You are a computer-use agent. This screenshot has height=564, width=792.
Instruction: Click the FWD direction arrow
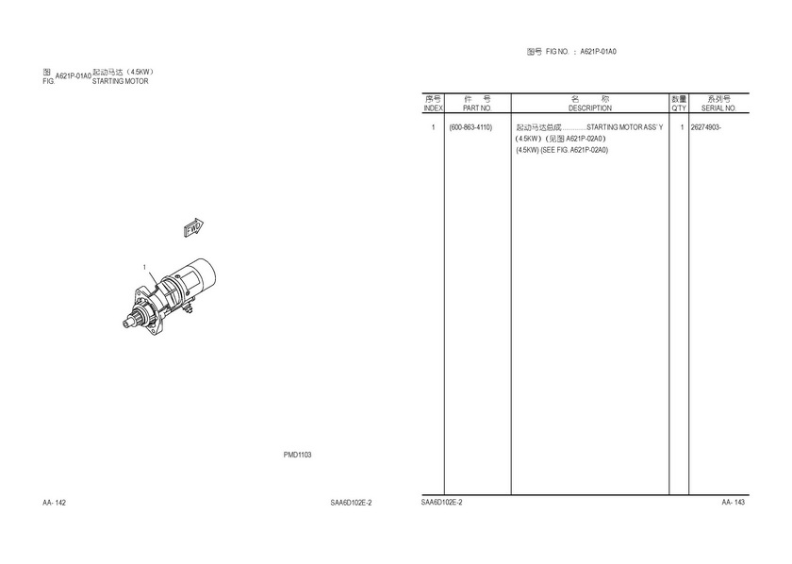193,228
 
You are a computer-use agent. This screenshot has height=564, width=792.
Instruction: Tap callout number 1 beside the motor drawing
144,267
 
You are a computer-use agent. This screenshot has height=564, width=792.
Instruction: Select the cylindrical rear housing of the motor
198,275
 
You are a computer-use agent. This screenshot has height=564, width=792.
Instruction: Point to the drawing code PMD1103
298,455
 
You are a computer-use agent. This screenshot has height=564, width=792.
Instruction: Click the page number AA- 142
54,503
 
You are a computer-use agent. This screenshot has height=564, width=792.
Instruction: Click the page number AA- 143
733,503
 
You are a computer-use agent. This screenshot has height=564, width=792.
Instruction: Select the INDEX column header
433,108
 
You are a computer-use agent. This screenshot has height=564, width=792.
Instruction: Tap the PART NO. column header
477,108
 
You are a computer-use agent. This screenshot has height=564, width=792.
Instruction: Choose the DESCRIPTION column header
590,108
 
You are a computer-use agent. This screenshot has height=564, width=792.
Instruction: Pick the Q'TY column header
679,108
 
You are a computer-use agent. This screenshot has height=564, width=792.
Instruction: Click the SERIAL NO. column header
718,108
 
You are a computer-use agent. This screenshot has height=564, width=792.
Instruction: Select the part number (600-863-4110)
470,127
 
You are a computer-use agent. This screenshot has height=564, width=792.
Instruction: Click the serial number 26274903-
705,127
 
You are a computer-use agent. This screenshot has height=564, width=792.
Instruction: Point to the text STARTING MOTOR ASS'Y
625,127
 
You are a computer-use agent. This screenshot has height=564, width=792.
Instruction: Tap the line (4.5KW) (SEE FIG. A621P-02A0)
562,150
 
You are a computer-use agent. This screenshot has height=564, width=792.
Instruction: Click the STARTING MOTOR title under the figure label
121,81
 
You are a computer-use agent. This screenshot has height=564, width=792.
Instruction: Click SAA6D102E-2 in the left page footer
351,503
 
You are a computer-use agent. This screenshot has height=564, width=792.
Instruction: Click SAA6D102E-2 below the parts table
442,503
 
